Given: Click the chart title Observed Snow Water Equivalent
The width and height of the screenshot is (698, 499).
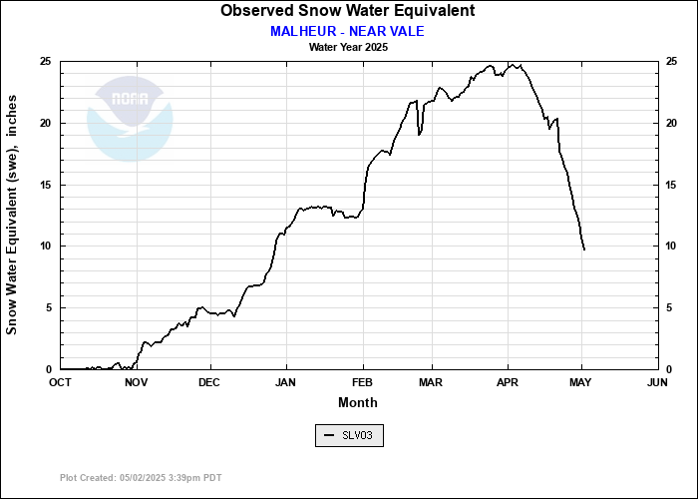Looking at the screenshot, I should [347, 11].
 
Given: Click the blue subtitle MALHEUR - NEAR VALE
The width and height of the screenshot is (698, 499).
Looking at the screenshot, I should [347, 31].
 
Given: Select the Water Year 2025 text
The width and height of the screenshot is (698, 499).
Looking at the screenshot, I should [348, 47].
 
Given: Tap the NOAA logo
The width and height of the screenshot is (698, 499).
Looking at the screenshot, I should [130, 118].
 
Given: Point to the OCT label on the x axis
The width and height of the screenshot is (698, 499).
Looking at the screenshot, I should [60, 382].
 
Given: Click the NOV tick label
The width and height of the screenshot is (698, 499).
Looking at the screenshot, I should [136, 382].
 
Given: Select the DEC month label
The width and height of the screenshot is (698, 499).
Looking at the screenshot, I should [209, 382].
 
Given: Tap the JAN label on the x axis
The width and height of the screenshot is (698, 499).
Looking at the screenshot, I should [285, 382].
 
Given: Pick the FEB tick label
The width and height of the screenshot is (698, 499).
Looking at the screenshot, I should [362, 382].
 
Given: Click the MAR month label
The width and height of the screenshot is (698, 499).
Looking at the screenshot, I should [431, 382].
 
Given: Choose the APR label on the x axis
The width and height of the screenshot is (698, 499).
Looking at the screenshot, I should [508, 382].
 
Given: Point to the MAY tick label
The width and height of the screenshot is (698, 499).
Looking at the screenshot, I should [582, 382].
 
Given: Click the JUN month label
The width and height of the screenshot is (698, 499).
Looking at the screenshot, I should [657, 382].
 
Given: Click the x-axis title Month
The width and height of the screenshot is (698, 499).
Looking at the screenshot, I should [358, 402].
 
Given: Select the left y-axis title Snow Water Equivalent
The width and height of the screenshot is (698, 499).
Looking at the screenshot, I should [12, 216].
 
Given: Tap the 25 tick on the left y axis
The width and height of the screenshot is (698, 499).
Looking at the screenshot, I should [45, 62].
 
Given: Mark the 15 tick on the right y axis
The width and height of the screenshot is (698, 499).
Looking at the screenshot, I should [673, 185].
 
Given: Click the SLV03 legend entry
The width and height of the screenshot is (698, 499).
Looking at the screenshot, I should [349, 435].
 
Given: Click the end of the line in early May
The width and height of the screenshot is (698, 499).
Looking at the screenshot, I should [583, 249].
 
